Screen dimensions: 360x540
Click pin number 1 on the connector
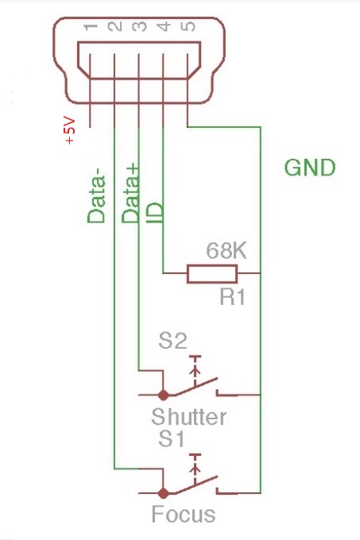coord(91,26)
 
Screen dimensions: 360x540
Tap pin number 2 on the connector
coord(114,26)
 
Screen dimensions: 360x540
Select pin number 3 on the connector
coord(140,26)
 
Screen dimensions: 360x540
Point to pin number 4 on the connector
coord(164,26)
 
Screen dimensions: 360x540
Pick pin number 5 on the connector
coord(188,26)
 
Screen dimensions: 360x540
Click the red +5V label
coord(70,130)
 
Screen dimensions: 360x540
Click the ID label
coord(154,213)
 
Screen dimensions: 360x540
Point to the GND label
coord(310,168)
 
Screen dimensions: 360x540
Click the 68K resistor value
coord(226,250)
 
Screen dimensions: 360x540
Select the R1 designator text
coord(233,297)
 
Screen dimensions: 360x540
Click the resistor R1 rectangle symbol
coord(212,274)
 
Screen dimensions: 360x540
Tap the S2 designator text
coord(172,341)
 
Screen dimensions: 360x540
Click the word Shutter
coord(189,417)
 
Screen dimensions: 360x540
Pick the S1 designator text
coord(171,439)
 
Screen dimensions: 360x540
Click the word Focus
coord(184,514)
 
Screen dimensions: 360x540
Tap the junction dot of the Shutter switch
coord(163,395)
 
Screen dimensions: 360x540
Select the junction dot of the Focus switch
coord(163,493)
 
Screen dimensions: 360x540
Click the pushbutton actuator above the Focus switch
coord(196,469)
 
